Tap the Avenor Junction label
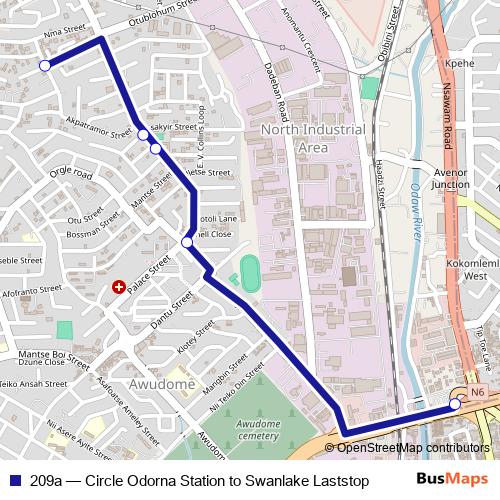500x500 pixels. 450,177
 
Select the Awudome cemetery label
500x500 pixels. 258,429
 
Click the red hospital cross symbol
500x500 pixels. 119,287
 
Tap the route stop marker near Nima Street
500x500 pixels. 44,66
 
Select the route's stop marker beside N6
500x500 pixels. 454,404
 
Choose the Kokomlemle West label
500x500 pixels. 462,268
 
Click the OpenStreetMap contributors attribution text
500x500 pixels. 413,448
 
